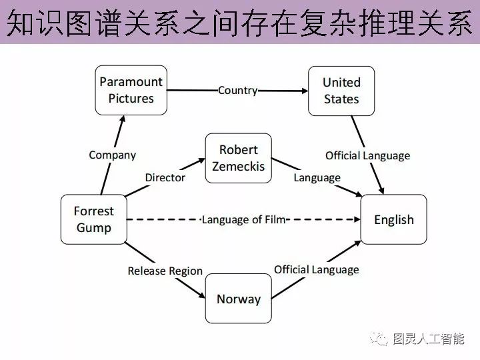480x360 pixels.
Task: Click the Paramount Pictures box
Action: pyautogui.click(x=131, y=90)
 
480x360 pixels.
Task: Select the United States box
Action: pyautogui.click(x=341, y=91)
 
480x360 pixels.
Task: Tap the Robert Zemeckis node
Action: pyautogui.click(x=238, y=158)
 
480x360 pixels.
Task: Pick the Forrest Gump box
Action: pyautogui.click(x=93, y=219)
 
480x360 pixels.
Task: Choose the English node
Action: pyautogui.click(x=393, y=219)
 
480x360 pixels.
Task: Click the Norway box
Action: pyautogui.click(x=238, y=299)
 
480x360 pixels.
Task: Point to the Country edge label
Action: pyautogui.click(x=238, y=90)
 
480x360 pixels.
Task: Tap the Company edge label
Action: pyautogui.click(x=112, y=155)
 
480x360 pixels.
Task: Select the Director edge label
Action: pyautogui.click(x=165, y=177)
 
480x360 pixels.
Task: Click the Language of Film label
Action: pyautogui.click(x=243, y=219)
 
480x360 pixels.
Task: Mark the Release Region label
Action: pyautogui.click(x=165, y=271)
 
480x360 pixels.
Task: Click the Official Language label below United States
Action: pyautogui.click(x=367, y=156)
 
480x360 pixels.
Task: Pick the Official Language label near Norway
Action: pyautogui.click(x=316, y=269)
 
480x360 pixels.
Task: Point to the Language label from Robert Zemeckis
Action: pyautogui.click(x=317, y=177)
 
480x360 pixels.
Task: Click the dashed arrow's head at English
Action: pyautogui.click(x=357, y=219)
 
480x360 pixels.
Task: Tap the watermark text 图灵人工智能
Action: pyautogui.click(x=429, y=339)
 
